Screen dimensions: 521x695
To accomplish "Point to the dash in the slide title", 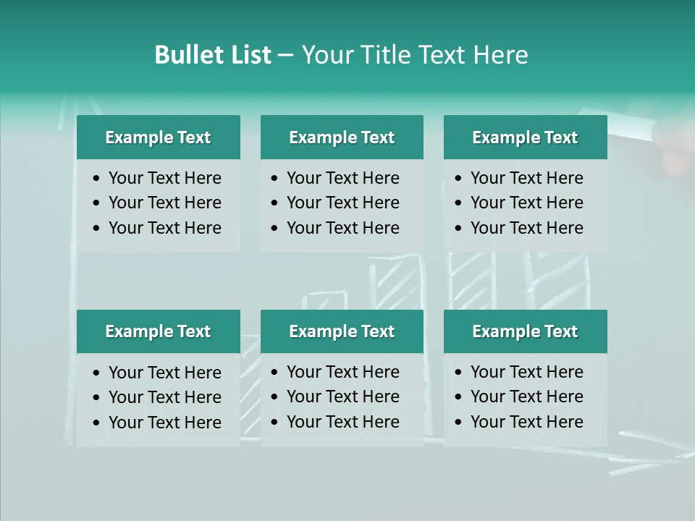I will [x=285, y=56].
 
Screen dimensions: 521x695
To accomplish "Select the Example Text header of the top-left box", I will [x=158, y=137].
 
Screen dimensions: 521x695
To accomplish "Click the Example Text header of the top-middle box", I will [x=342, y=137].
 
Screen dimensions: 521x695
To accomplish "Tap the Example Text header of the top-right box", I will [x=525, y=137].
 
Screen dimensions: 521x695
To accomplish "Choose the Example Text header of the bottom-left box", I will [x=158, y=331].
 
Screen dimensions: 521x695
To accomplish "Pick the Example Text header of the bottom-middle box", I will [x=342, y=331].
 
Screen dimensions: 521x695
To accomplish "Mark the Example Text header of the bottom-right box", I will [x=525, y=331].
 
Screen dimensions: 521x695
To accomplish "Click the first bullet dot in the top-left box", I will [x=97, y=179].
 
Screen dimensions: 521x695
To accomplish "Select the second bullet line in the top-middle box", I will [x=342, y=203].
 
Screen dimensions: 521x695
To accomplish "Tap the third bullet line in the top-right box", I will [x=526, y=228].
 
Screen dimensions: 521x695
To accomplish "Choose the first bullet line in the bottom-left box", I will [x=164, y=373].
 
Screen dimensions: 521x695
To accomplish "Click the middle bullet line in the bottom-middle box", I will [x=342, y=397].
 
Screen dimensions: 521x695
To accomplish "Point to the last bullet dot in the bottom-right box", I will [x=458, y=423].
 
